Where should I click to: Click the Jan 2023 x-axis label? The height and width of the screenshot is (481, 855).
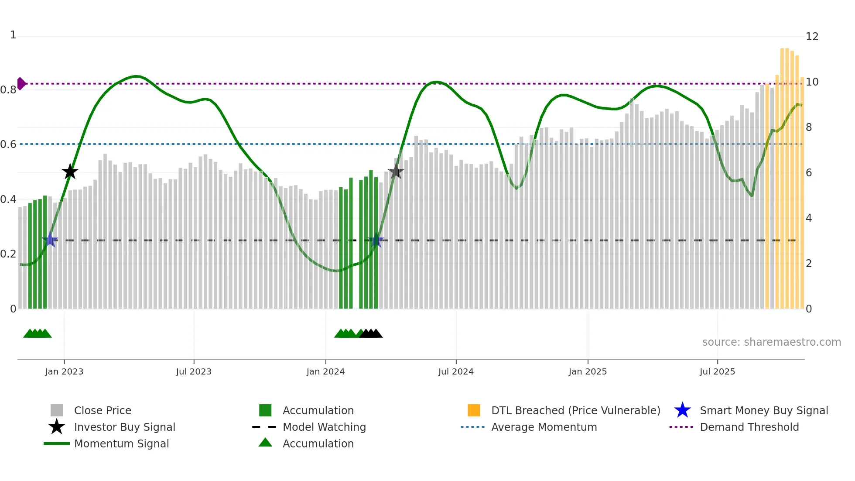coord(64,371)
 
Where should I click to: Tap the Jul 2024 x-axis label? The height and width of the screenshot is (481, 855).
coord(456,371)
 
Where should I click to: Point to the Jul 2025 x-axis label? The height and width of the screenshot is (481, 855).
coord(717,371)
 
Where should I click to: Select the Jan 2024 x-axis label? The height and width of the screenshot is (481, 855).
coord(325,371)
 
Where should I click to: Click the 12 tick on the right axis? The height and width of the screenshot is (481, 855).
coord(812,37)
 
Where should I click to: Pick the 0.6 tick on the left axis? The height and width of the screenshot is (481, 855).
coord(9,144)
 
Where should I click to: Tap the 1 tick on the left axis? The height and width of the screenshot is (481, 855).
coord(13,35)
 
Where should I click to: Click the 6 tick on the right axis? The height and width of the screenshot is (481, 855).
coord(809,173)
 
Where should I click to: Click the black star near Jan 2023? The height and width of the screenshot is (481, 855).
coord(70,172)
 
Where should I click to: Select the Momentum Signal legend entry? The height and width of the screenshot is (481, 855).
coord(121,443)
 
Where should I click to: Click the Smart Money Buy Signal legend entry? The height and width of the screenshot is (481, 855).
coord(764,410)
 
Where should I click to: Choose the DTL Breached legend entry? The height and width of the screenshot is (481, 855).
coord(575,410)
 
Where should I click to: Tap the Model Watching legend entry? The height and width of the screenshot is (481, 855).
coord(324,427)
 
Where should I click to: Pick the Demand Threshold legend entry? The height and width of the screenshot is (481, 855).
coord(749,427)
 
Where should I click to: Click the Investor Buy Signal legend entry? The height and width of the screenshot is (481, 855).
coord(124,427)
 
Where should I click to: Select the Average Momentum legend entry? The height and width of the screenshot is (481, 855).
coord(544,427)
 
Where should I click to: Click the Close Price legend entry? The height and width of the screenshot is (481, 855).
coord(103,410)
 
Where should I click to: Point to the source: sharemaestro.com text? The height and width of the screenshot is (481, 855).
coord(771,342)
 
